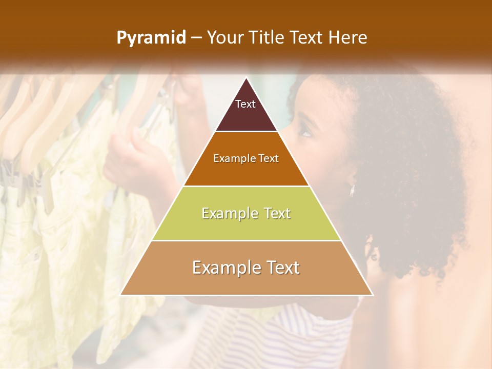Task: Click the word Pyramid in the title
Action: click(x=151, y=38)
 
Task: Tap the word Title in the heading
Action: click(x=268, y=38)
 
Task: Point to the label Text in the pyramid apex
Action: click(x=245, y=104)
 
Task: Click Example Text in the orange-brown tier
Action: click(x=246, y=158)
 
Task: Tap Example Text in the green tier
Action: click(x=246, y=213)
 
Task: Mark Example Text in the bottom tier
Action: click(x=246, y=268)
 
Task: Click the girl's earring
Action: click(x=352, y=190)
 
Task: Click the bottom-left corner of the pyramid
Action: click(x=121, y=295)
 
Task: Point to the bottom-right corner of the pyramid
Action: click(x=373, y=295)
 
